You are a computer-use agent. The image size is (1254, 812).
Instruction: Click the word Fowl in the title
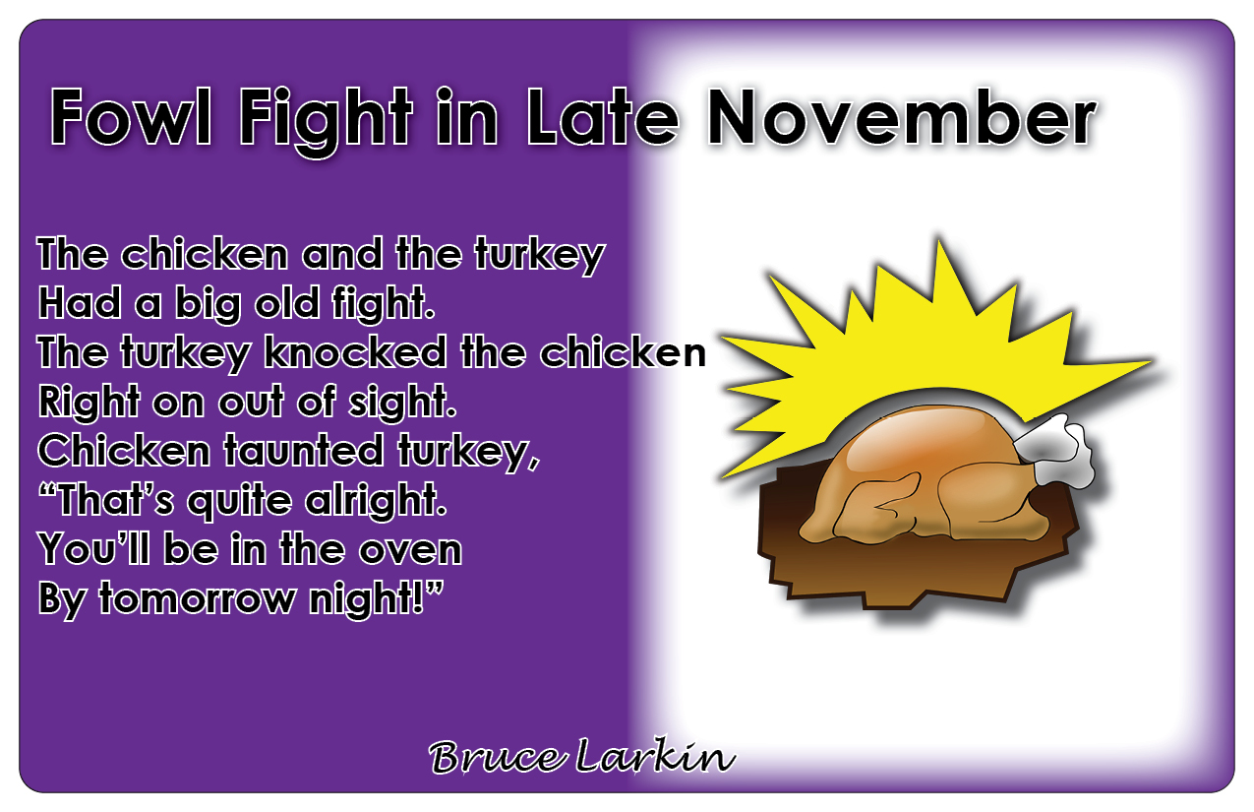click(131, 117)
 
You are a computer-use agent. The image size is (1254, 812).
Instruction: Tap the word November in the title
click(902, 117)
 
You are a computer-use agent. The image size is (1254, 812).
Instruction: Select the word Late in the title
click(603, 117)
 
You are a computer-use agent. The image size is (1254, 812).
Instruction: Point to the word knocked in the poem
click(355, 352)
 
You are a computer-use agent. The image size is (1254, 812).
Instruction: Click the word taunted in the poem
click(304, 451)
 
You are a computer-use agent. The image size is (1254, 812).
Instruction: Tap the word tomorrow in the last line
click(197, 598)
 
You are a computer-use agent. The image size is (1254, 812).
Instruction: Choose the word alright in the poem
click(376, 499)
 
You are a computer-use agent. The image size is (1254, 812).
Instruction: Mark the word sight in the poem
click(402, 402)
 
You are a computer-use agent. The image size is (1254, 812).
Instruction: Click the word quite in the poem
click(239, 500)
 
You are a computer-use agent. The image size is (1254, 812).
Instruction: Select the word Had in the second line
click(79, 302)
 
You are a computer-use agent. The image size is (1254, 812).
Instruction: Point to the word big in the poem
click(208, 304)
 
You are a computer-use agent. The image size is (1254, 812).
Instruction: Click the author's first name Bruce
click(495, 758)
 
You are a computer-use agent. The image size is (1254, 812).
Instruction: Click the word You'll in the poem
click(95, 549)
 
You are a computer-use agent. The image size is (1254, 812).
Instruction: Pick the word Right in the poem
click(89, 403)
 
